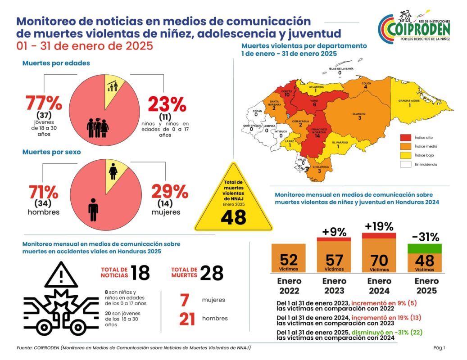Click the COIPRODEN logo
[414, 27]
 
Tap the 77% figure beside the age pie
[44, 103]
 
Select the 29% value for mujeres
[170, 192]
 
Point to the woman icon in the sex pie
[113, 171]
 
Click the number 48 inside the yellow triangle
[233, 217]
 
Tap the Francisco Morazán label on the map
[319, 131]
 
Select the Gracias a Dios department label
[409, 100]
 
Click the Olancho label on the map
[359, 114]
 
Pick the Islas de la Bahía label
[341, 68]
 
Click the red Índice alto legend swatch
[405, 137]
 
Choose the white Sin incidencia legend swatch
[405, 164]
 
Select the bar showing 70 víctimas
[379, 252]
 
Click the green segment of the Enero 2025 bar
[424, 249]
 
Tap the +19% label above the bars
[379, 226]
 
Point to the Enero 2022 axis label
[289, 286]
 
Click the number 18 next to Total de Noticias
[140, 273]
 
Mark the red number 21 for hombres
[187, 319]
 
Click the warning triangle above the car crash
[61, 274]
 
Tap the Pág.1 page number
[439, 347]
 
